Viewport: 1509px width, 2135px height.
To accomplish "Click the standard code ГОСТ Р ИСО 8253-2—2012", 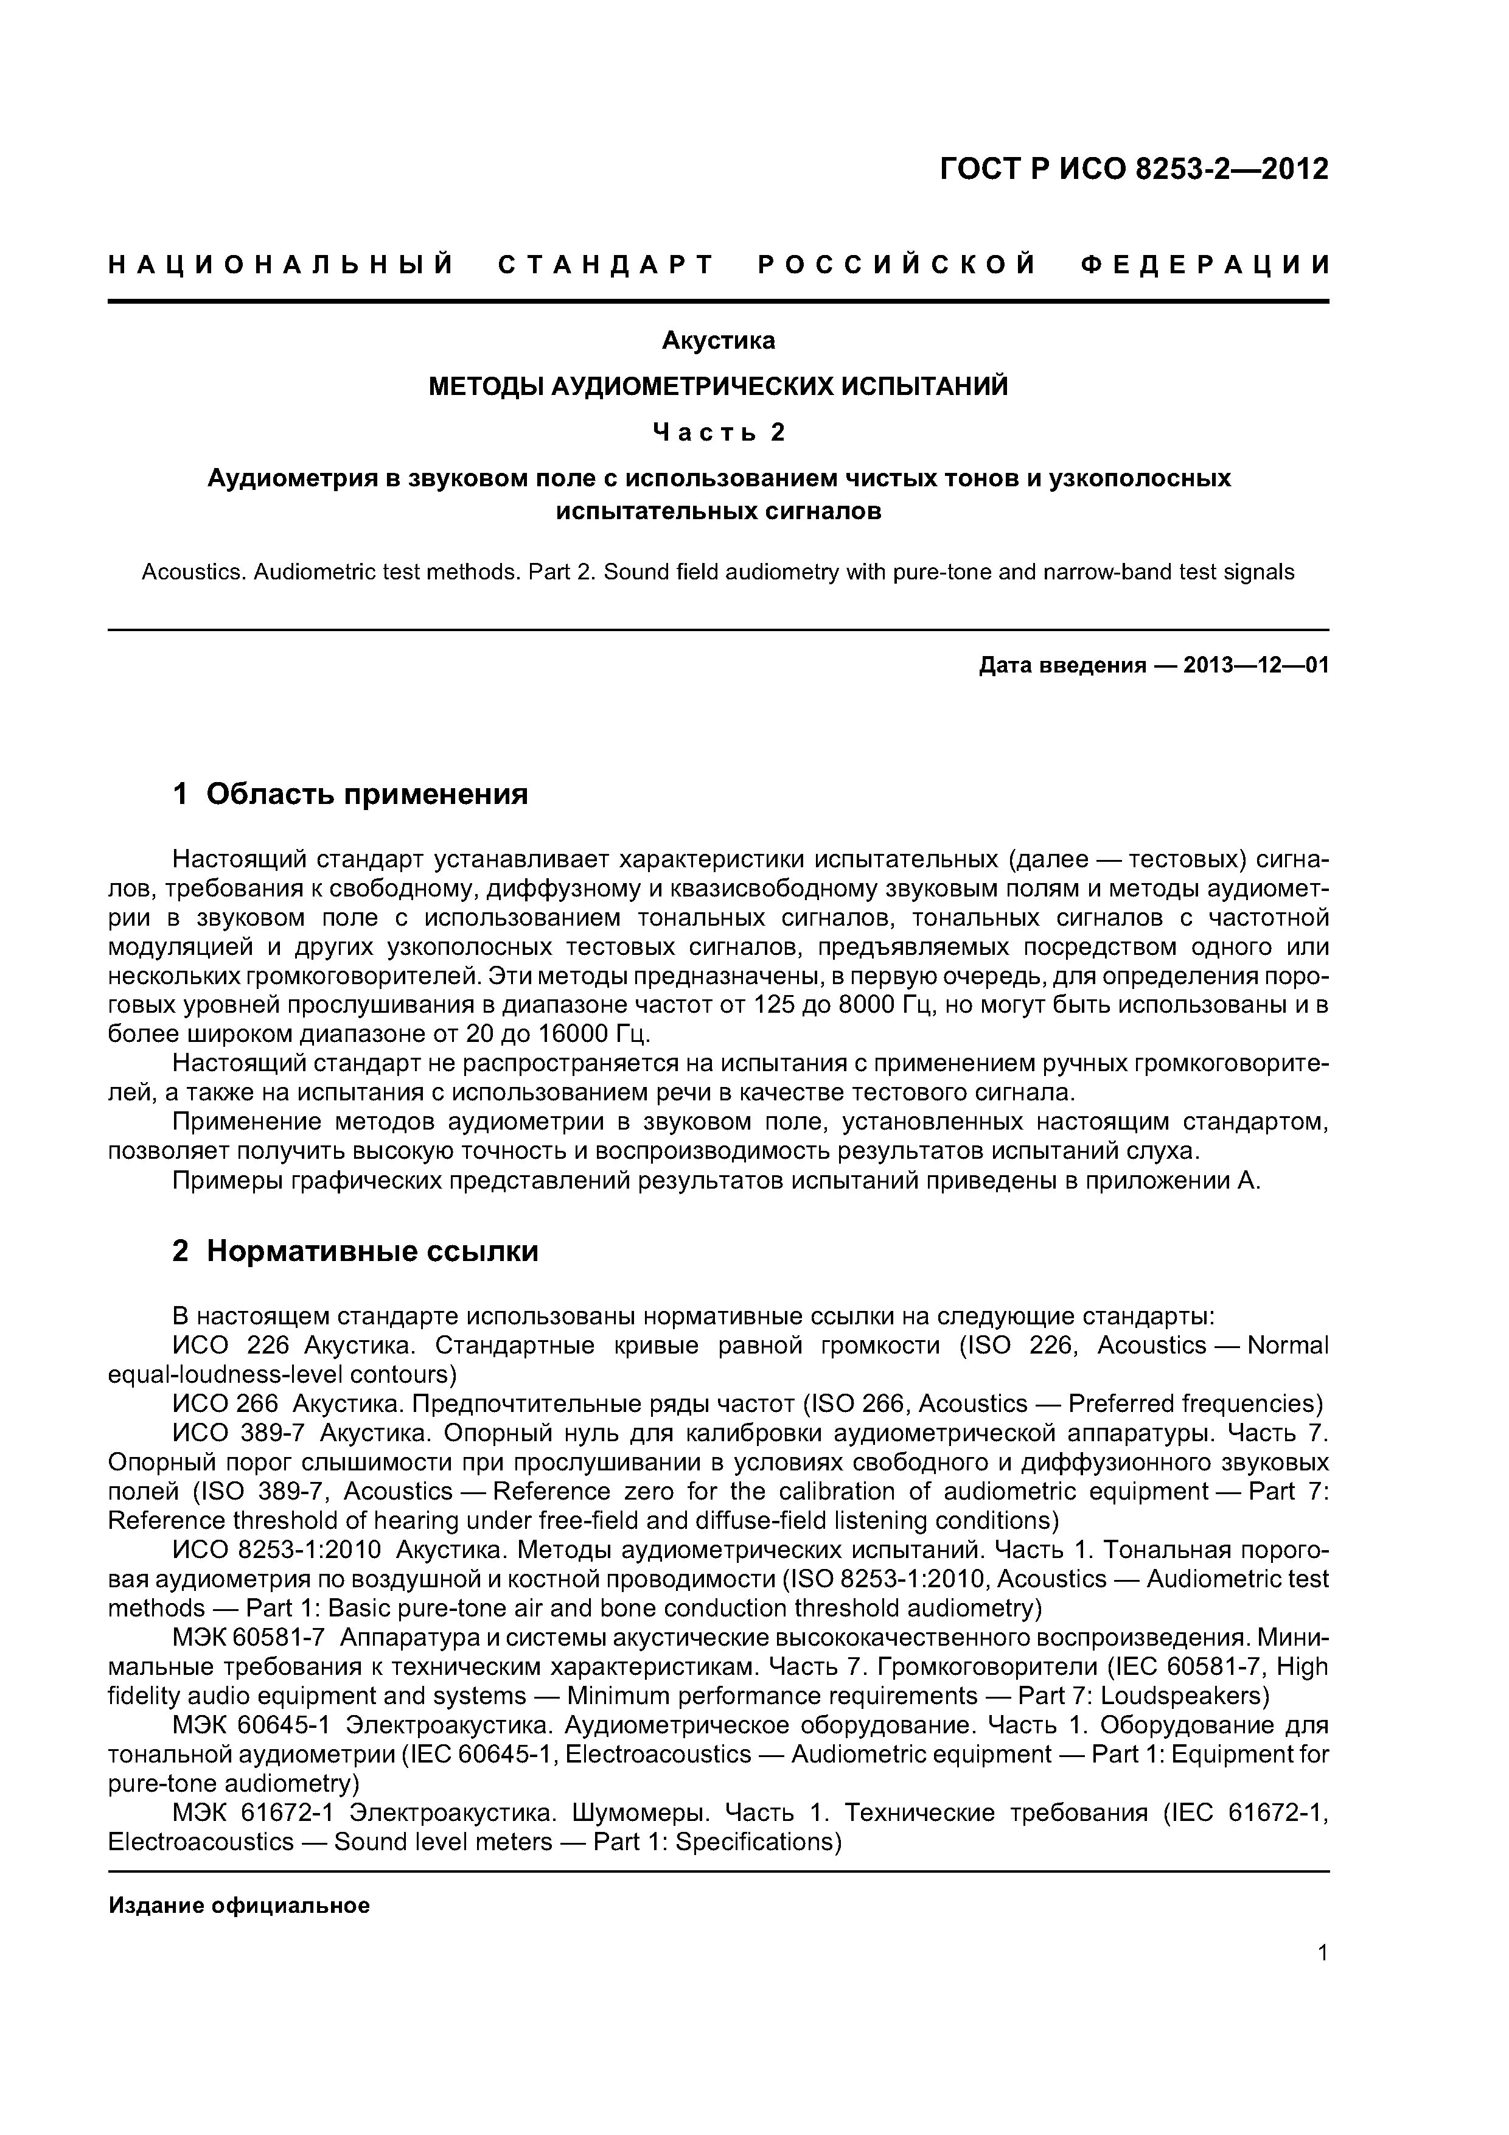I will pos(1134,169).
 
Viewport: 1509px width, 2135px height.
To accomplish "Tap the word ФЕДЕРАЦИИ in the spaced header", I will pos(1205,266).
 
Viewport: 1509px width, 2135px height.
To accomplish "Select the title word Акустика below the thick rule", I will pos(718,341).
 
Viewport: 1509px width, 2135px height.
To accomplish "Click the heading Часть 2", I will pos(718,432).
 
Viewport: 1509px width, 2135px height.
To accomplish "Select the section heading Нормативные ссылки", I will pos(372,1252).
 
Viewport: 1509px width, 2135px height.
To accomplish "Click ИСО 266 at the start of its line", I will pos(225,1404).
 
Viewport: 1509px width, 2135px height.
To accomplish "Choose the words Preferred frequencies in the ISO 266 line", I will pos(1194,1404).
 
